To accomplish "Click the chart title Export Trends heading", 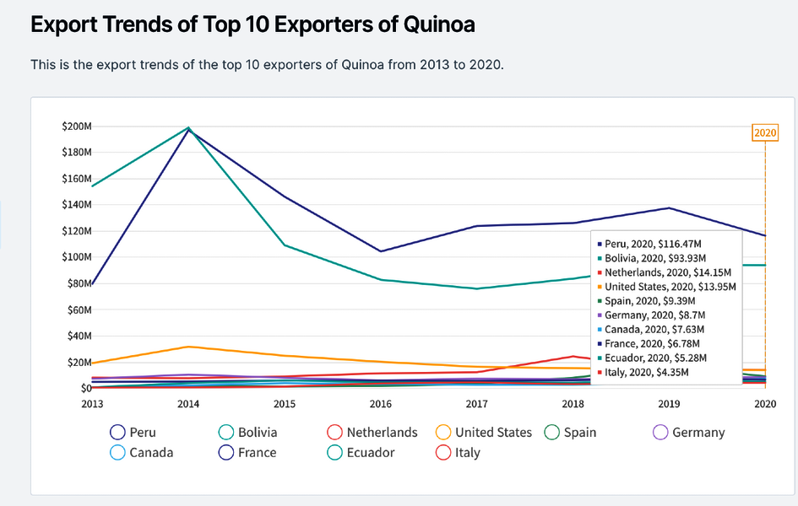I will (252, 24).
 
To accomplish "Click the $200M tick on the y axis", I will (76, 126).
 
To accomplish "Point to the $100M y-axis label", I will (76, 257).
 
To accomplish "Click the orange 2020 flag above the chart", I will (765, 132).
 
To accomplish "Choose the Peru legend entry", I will (133, 433).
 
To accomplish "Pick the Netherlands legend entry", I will (372, 433).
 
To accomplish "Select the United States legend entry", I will (483, 433).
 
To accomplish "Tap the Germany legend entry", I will (688, 433).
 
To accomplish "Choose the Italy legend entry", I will (457, 453).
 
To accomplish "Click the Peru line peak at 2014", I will (188, 130).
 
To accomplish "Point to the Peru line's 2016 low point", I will (381, 251).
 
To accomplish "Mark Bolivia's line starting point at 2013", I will (93, 186).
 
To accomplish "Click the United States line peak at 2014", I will (188, 347).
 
